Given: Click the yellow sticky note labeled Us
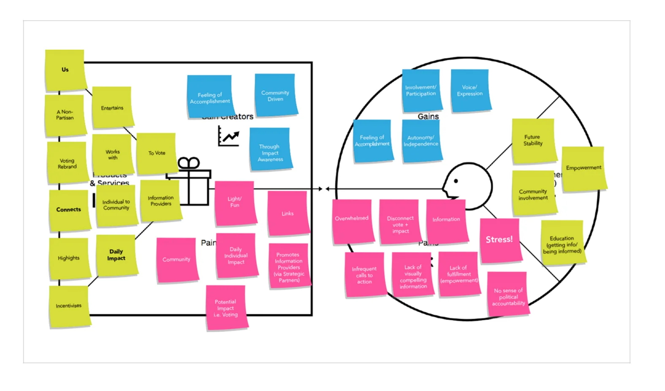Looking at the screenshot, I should click(x=65, y=70).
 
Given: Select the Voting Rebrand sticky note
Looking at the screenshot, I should click(x=67, y=163).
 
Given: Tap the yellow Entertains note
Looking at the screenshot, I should click(x=112, y=108).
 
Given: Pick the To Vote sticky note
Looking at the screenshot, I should click(x=156, y=153).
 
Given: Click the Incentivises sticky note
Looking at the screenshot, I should click(x=69, y=306).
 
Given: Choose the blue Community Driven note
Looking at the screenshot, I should click(x=275, y=95).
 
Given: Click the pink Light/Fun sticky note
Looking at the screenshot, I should click(x=235, y=202).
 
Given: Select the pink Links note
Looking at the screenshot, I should click(x=288, y=213).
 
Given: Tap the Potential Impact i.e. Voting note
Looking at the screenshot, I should click(x=225, y=308).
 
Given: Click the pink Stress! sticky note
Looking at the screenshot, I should click(x=499, y=240).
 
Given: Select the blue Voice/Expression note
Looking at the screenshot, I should click(x=470, y=91).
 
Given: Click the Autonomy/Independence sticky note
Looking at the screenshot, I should click(x=421, y=141).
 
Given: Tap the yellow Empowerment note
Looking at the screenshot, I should click(x=584, y=168).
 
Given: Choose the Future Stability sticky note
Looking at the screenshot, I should click(x=533, y=140).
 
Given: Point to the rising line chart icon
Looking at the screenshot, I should click(x=229, y=136).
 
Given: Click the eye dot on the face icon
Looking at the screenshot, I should click(x=456, y=181).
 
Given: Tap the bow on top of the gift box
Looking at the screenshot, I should click(x=188, y=163).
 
